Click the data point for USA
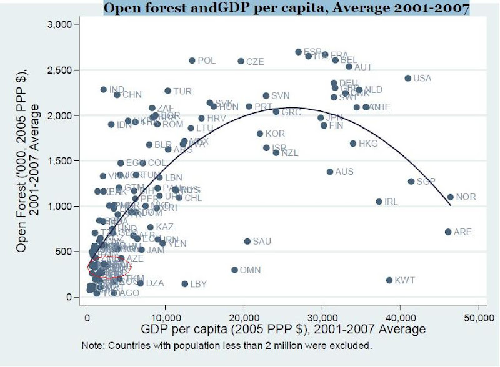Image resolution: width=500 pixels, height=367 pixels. coord(407,78)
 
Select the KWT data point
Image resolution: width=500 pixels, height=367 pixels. coord(389,280)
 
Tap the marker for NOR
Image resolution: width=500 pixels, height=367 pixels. coord(450,197)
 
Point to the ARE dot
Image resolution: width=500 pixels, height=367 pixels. coord(447,232)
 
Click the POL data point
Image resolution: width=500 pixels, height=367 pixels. coord(192,61)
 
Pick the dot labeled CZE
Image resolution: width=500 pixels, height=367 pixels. coord(241,61)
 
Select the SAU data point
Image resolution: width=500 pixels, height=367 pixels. coord(247,241)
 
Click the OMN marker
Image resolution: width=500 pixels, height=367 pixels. coord(234,270)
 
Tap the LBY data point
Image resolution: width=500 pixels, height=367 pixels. coord(184,284)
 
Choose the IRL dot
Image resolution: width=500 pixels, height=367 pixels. coord(379,202)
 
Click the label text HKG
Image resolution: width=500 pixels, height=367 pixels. coord(368,144)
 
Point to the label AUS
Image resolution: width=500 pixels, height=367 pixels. coord(344,172)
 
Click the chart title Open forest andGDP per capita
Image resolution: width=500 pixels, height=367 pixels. coord(286,9)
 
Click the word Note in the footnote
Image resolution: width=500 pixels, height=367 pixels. coord(92,345)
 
